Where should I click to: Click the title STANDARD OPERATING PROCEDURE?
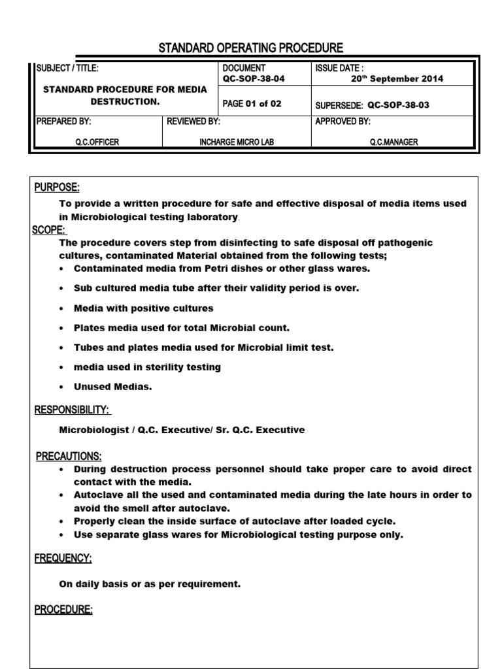pos(251,48)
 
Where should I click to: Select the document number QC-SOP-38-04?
pos(254,78)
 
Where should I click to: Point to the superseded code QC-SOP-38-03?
pos(398,105)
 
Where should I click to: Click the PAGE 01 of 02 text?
pos(252,103)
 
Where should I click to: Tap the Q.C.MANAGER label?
pos(393,142)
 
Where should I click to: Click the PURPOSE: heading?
pos(57,188)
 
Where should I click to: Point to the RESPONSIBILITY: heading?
pos(72,410)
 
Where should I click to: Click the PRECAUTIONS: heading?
pos(68,456)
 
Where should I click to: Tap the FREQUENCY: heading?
pos(63,559)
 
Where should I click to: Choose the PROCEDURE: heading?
pos(63,610)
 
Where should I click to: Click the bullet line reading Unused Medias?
pos(112,387)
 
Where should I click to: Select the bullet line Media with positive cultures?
pos(143,308)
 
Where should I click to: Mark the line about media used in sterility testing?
pos(147,367)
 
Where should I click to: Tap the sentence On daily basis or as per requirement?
pos(150,584)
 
